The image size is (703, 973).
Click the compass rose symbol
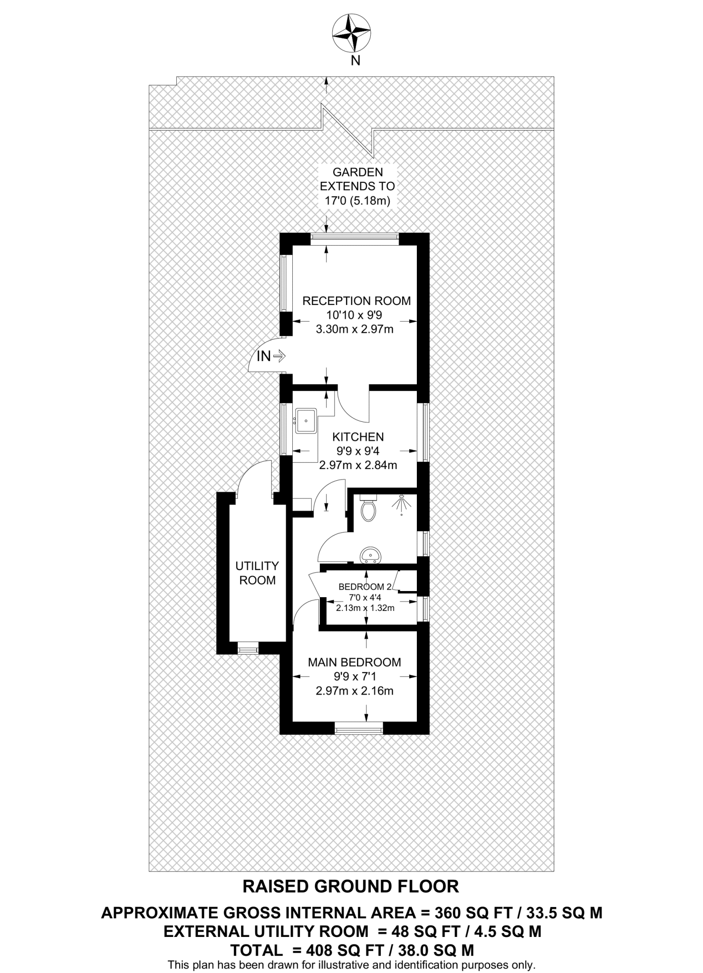point(351,34)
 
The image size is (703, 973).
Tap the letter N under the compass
point(355,60)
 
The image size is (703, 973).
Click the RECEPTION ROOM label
point(356,301)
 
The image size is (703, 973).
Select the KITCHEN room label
point(358,437)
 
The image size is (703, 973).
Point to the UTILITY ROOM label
point(257,573)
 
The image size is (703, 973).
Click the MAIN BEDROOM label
point(355,662)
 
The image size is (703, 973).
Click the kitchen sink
point(306,421)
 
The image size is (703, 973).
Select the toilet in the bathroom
point(368,510)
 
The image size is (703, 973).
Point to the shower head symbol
point(402,503)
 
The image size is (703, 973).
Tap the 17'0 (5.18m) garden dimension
point(357,200)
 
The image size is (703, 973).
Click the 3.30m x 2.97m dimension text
point(355,329)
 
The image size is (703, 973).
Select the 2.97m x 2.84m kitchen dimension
point(358,465)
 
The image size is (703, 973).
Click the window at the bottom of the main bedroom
point(358,728)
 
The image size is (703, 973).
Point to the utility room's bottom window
point(248,648)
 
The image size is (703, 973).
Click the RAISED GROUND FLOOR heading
point(351,887)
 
